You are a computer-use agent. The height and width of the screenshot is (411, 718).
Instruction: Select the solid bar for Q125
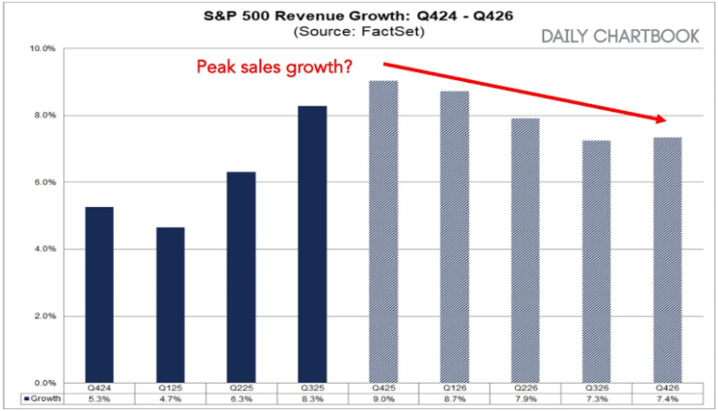tap(169, 304)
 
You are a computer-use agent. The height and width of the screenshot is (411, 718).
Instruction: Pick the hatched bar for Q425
tap(383, 231)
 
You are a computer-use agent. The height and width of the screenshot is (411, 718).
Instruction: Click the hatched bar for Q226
tap(526, 250)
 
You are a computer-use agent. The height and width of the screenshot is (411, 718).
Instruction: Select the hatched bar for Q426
tap(668, 259)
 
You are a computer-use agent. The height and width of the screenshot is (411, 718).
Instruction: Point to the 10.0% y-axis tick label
tap(45, 48)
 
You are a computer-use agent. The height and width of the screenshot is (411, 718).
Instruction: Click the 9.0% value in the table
tap(383, 399)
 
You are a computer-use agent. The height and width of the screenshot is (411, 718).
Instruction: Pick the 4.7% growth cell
tap(169, 399)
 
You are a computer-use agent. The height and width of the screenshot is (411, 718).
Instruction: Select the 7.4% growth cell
tap(668, 399)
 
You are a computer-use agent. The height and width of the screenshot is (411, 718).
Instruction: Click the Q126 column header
tap(454, 388)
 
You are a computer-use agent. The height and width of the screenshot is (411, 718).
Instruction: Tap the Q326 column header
tap(597, 388)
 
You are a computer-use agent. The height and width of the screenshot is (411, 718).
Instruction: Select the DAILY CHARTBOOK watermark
tap(620, 36)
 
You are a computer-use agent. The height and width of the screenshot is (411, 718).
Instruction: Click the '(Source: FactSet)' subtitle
tap(359, 32)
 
